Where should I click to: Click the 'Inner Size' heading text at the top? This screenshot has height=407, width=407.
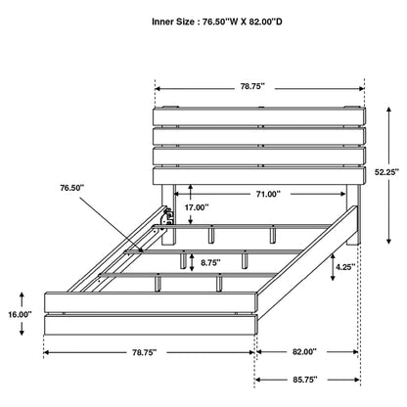pyautogui.click(x=173, y=22)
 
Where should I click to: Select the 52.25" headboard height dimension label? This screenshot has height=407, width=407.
pyautogui.click(x=386, y=172)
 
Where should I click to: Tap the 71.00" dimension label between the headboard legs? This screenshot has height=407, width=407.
pyautogui.click(x=268, y=194)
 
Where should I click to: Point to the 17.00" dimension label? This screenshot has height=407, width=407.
pyautogui.click(x=197, y=207)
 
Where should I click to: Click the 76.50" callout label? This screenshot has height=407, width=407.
pyautogui.click(x=71, y=188)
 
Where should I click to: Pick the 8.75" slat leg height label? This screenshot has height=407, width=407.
pyautogui.click(x=210, y=262)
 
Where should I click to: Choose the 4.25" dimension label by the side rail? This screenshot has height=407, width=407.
pyautogui.click(x=345, y=267)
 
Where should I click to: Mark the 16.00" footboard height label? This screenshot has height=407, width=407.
pyautogui.click(x=21, y=315)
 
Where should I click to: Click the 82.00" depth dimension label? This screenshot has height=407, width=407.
pyautogui.click(x=304, y=351)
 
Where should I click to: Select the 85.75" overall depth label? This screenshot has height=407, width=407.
pyautogui.click(x=304, y=380)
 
